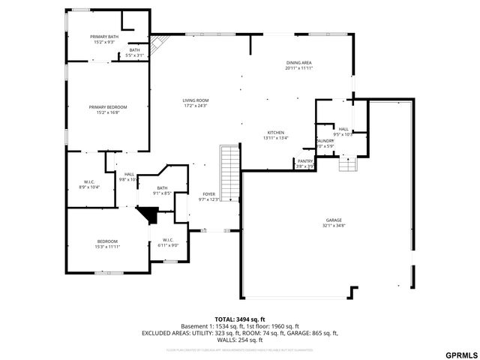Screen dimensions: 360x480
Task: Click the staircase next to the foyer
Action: pos(229,172)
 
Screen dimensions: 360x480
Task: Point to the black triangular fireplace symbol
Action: pos(148,214)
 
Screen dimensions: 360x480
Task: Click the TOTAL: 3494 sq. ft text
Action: pos(240,319)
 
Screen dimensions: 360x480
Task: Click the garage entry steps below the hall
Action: pos(347,163)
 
